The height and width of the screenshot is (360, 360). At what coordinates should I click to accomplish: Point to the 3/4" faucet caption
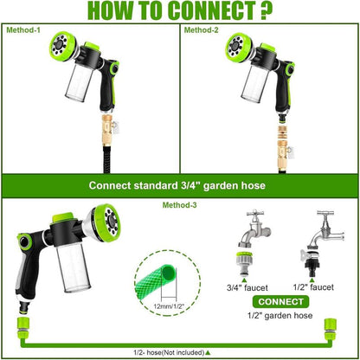tap(247, 286)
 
